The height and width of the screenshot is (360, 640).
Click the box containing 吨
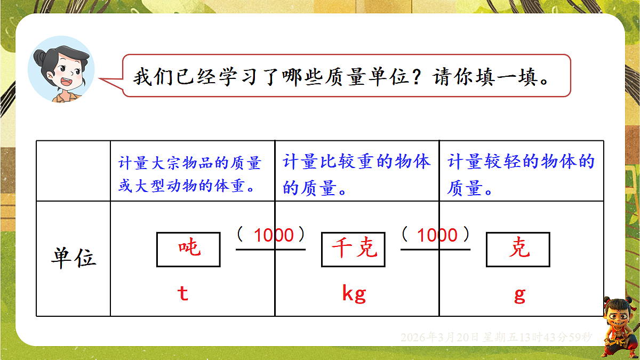[x=188, y=249]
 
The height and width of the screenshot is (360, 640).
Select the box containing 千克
[x=353, y=249]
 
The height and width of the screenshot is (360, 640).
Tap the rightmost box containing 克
[x=518, y=249]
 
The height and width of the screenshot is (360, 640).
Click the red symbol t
[x=183, y=294]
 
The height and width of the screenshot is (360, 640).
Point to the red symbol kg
[x=354, y=294]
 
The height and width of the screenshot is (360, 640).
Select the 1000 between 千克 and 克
[x=437, y=235]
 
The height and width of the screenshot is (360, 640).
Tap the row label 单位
[x=73, y=258]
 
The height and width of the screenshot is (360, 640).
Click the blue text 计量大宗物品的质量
[x=189, y=163]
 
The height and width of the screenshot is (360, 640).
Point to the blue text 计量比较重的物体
[x=356, y=162]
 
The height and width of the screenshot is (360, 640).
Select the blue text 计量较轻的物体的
[x=521, y=162]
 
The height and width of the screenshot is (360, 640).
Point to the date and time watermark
[x=496, y=337]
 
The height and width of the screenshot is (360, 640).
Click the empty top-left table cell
[x=73, y=171]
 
